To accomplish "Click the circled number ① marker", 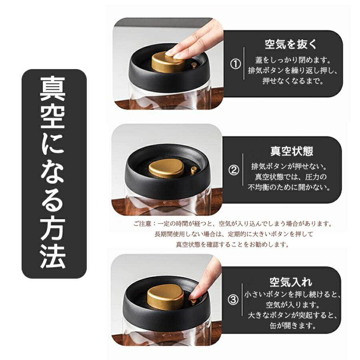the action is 235,64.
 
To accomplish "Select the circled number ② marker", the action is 234,170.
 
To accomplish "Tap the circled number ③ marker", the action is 233,300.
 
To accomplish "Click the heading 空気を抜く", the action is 291,44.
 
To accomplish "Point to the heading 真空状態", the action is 292,151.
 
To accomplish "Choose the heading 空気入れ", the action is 291,282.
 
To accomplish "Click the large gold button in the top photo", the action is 168,62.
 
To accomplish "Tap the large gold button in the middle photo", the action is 166,169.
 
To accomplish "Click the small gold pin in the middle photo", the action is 194,170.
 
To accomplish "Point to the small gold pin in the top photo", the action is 194,65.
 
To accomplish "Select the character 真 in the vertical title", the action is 52,89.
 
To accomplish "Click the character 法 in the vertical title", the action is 53,257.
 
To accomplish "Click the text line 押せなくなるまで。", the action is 293,81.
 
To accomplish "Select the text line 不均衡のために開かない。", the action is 289,187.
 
